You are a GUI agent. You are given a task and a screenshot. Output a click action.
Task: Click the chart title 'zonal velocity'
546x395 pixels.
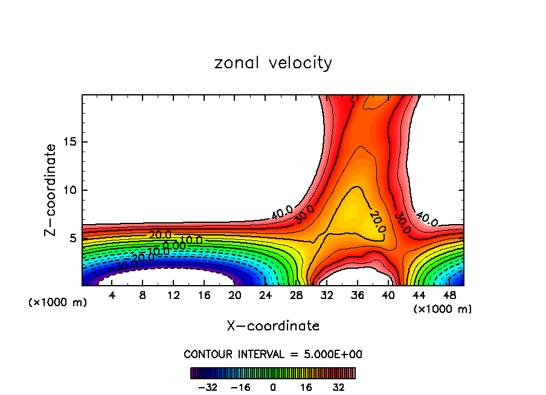pos(273,63)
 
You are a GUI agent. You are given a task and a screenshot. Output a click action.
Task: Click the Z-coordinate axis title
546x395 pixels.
pos(51,190)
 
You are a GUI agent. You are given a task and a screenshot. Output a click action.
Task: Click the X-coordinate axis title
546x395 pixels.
pos(273,326)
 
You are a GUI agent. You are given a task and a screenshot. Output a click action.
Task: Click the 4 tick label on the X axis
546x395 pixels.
pos(112,295)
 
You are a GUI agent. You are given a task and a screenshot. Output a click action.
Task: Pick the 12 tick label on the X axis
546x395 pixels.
pos(174,295)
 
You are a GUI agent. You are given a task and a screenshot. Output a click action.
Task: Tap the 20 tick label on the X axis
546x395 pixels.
pos(236,295)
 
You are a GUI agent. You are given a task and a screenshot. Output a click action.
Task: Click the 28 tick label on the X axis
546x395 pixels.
pos(297,295)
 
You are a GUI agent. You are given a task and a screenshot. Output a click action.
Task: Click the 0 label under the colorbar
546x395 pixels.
pos(273,387)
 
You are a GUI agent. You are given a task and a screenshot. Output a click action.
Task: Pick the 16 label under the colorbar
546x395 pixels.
pos(306,387)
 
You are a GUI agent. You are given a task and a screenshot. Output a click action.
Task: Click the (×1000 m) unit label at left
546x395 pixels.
pos(58,303)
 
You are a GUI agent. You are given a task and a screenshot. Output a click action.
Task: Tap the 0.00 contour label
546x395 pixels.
pos(174,246)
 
